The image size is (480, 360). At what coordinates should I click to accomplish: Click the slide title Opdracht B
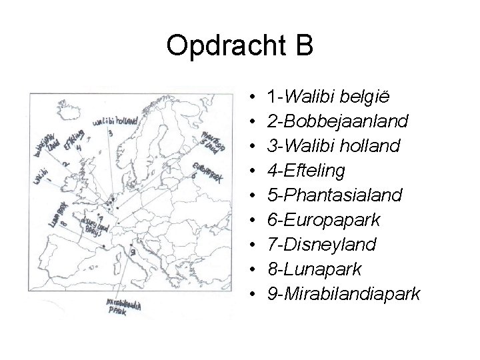click(x=239, y=46)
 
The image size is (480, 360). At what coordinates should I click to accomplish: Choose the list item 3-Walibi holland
click(x=333, y=146)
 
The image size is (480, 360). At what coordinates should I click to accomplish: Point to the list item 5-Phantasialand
click(x=334, y=195)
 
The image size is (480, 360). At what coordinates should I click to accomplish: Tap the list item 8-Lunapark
click(x=313, y=269)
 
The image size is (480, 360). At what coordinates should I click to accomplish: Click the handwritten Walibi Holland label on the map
click(x=116, y=121)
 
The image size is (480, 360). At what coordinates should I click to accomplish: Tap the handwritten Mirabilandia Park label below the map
click(x=124, y=307)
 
